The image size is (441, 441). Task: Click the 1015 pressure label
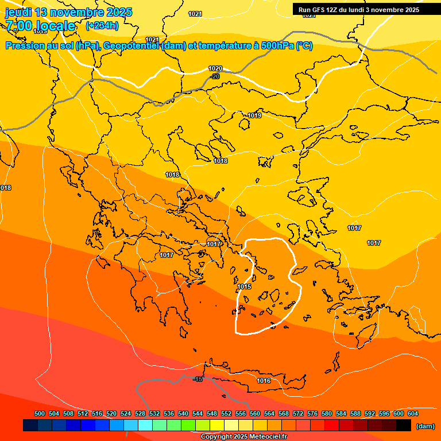point(245,287)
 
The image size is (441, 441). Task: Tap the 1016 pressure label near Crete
point(264,381)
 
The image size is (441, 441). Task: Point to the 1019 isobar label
point(255,115)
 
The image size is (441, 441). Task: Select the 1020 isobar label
point(215,68)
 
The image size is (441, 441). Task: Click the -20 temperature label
point(215,76)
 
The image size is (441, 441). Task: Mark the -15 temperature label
point(198,379)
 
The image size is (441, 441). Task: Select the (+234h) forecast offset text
point(102,25)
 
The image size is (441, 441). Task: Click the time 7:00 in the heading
point(19,26)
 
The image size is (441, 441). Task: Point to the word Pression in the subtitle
point(25,45)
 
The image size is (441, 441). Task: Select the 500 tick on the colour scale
point(40,413)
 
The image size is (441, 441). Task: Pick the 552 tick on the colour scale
point(226,413)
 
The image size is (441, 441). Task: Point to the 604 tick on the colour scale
point(413,413)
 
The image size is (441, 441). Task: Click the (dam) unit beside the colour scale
point(425,425)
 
